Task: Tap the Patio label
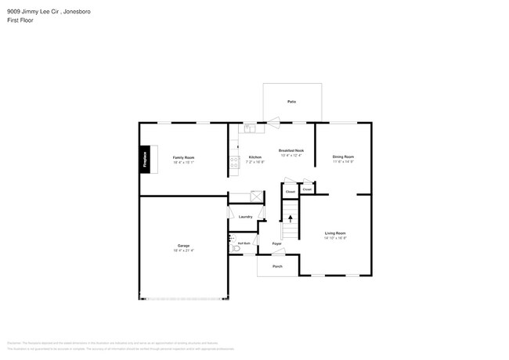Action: point(291,102)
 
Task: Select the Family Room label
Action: point(183,157)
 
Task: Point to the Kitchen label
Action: point(255,157)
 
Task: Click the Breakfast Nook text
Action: point(291,150)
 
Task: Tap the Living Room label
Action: point(335,233)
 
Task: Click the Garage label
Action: point(183,246)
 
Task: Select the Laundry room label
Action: point(245,216)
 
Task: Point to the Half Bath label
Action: point(244,243)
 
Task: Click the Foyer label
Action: point(277,244)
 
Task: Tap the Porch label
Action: point(277,267)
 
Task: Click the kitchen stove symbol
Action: point(233,161)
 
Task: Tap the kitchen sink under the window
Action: point(249,128)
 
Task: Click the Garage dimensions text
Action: point(183,250)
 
